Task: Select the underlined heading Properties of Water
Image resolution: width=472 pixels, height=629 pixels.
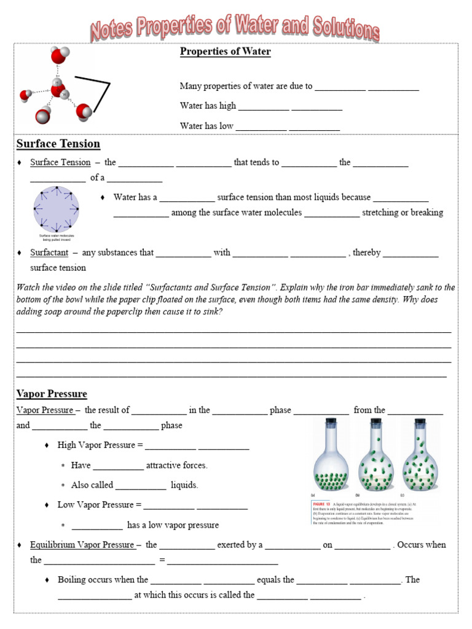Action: (225, 52)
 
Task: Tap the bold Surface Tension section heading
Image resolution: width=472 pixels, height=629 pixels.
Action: (58, 144)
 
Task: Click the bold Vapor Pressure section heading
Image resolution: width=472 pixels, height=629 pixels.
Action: (52, 394)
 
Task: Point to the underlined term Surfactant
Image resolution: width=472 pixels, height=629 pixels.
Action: (49, 252)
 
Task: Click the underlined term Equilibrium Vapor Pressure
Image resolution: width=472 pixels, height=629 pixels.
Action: (82, 545)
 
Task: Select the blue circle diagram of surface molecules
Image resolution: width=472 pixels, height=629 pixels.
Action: (56, 209)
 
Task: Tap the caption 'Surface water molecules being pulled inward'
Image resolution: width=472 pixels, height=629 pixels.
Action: (56, 237)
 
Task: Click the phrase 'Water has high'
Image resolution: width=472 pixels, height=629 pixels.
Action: (208, 106)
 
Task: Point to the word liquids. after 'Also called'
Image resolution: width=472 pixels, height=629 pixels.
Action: (184, 485)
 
